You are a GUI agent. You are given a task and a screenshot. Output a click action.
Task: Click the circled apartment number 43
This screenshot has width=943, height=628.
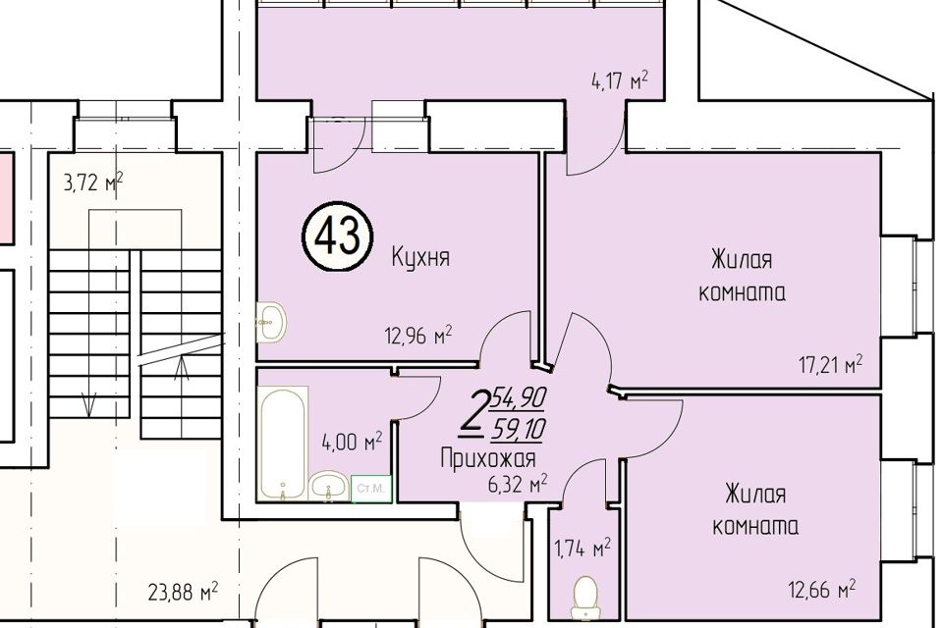click(337, 235)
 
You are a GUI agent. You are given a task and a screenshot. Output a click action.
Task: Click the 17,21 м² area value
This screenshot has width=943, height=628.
click(829, 365)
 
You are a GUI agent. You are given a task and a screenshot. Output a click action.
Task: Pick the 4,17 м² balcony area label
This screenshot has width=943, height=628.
click(621, 81)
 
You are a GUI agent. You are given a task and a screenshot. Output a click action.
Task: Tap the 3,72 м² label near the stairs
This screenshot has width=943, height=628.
click(92, 182)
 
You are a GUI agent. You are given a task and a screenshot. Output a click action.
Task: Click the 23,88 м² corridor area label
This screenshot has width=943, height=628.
click(181, 593)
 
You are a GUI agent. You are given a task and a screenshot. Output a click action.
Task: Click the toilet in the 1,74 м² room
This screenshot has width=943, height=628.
click(585, 594)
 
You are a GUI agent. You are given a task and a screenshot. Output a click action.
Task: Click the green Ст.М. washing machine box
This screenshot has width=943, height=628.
click(371, 488)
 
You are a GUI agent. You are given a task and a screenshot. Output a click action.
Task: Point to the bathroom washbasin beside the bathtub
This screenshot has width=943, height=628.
click(328, 485)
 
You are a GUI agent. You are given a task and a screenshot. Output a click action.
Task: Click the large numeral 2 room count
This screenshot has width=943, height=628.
click(475, 413)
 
